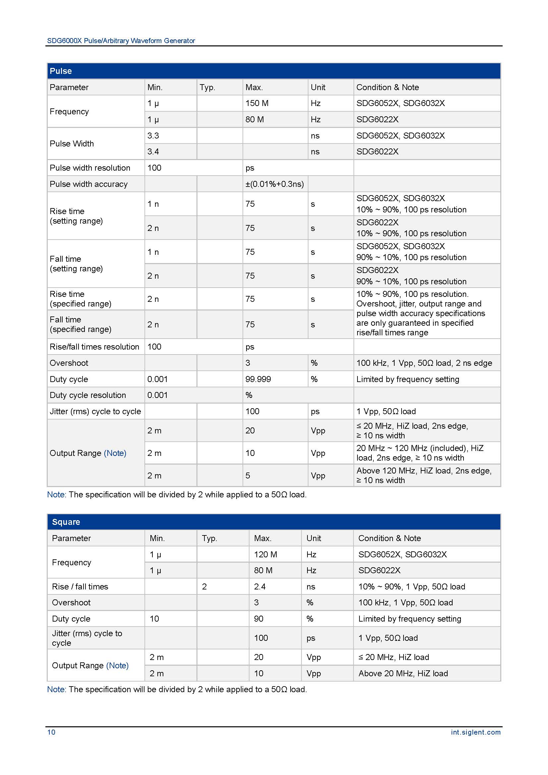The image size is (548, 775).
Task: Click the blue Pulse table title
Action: pos(61,71)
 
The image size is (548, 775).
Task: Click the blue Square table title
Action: pos(66,522)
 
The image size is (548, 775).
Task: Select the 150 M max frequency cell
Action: pos(257,103)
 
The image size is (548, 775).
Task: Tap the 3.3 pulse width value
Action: pos(153,136)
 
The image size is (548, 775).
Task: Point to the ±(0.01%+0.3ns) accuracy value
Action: pos(274,184)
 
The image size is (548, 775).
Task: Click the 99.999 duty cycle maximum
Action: pos(258,379)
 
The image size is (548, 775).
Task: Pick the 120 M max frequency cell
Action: pos(265,554)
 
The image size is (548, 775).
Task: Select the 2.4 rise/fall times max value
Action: pos(259,586)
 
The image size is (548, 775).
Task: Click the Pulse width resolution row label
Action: pos(90,168)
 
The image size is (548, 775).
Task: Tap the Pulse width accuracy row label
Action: pos(88,184)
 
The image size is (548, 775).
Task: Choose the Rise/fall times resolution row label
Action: pos(94,347)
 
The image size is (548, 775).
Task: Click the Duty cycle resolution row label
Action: pos(88,395)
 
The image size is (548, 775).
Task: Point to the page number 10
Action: pos(51,732)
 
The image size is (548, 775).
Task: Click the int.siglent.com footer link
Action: pos(475,732)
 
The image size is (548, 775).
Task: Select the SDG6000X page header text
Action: pos(121,41)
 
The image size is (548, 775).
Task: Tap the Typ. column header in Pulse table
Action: pos(207,87)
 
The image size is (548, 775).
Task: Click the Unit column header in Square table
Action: pos(313,538)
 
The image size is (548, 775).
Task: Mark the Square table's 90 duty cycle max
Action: pos(258,619)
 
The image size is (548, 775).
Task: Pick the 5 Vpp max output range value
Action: pos(248,475)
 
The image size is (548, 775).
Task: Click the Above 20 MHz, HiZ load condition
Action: pos(403,673)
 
